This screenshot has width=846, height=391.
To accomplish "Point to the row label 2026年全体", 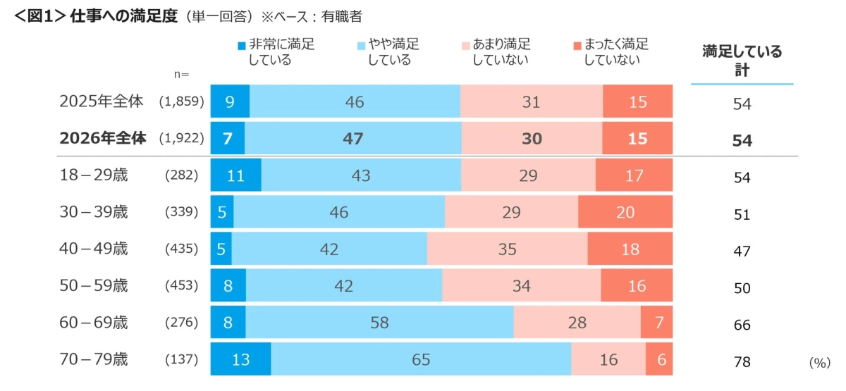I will (103, 139).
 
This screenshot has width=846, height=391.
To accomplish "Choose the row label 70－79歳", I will (94, 359).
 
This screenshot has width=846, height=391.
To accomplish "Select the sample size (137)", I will (181, 359).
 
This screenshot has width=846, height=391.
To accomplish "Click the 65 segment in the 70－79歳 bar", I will (421, 359).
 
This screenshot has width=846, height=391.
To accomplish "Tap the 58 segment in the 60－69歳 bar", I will (379, 323).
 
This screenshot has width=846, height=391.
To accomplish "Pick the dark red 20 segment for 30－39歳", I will (625, 212).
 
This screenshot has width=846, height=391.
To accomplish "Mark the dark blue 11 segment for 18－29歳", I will (235, 175).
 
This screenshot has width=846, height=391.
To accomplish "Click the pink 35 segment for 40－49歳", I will (507, 249).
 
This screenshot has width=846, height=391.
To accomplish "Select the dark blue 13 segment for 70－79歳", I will (240, 359).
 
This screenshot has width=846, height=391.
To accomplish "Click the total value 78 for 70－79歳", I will (742, 362).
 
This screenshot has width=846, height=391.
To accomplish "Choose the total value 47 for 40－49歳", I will (742, 252).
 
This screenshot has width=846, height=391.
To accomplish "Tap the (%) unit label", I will (821, 362).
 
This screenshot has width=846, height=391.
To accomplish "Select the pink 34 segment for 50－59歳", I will (521, 286).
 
